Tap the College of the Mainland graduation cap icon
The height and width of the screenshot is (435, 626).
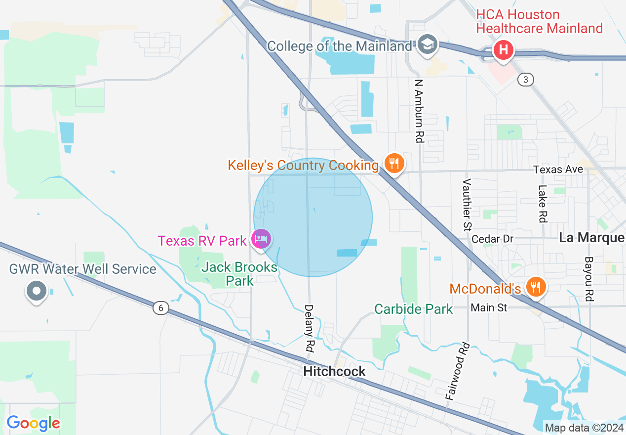coord(426,44)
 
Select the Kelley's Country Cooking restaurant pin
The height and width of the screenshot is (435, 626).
coord(393,163)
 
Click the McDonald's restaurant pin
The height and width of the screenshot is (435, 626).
coord(535,287)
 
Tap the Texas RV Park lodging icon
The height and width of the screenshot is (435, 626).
coord(261,239)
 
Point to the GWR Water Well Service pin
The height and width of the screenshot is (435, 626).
coord(37,291)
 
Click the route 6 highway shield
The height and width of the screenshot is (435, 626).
coord(159,308)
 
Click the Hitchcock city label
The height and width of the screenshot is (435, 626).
coord(335,371)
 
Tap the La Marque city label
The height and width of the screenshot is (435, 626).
coord(591,238)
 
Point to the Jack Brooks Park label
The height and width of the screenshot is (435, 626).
coord(239,274)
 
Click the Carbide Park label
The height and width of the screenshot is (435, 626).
coord(413,309)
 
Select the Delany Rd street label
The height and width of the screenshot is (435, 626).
coord(309,328)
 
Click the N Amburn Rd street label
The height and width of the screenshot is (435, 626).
coord(419,111)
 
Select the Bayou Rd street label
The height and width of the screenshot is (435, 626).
coord(588,279)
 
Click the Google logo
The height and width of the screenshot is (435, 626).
coord(33,423)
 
